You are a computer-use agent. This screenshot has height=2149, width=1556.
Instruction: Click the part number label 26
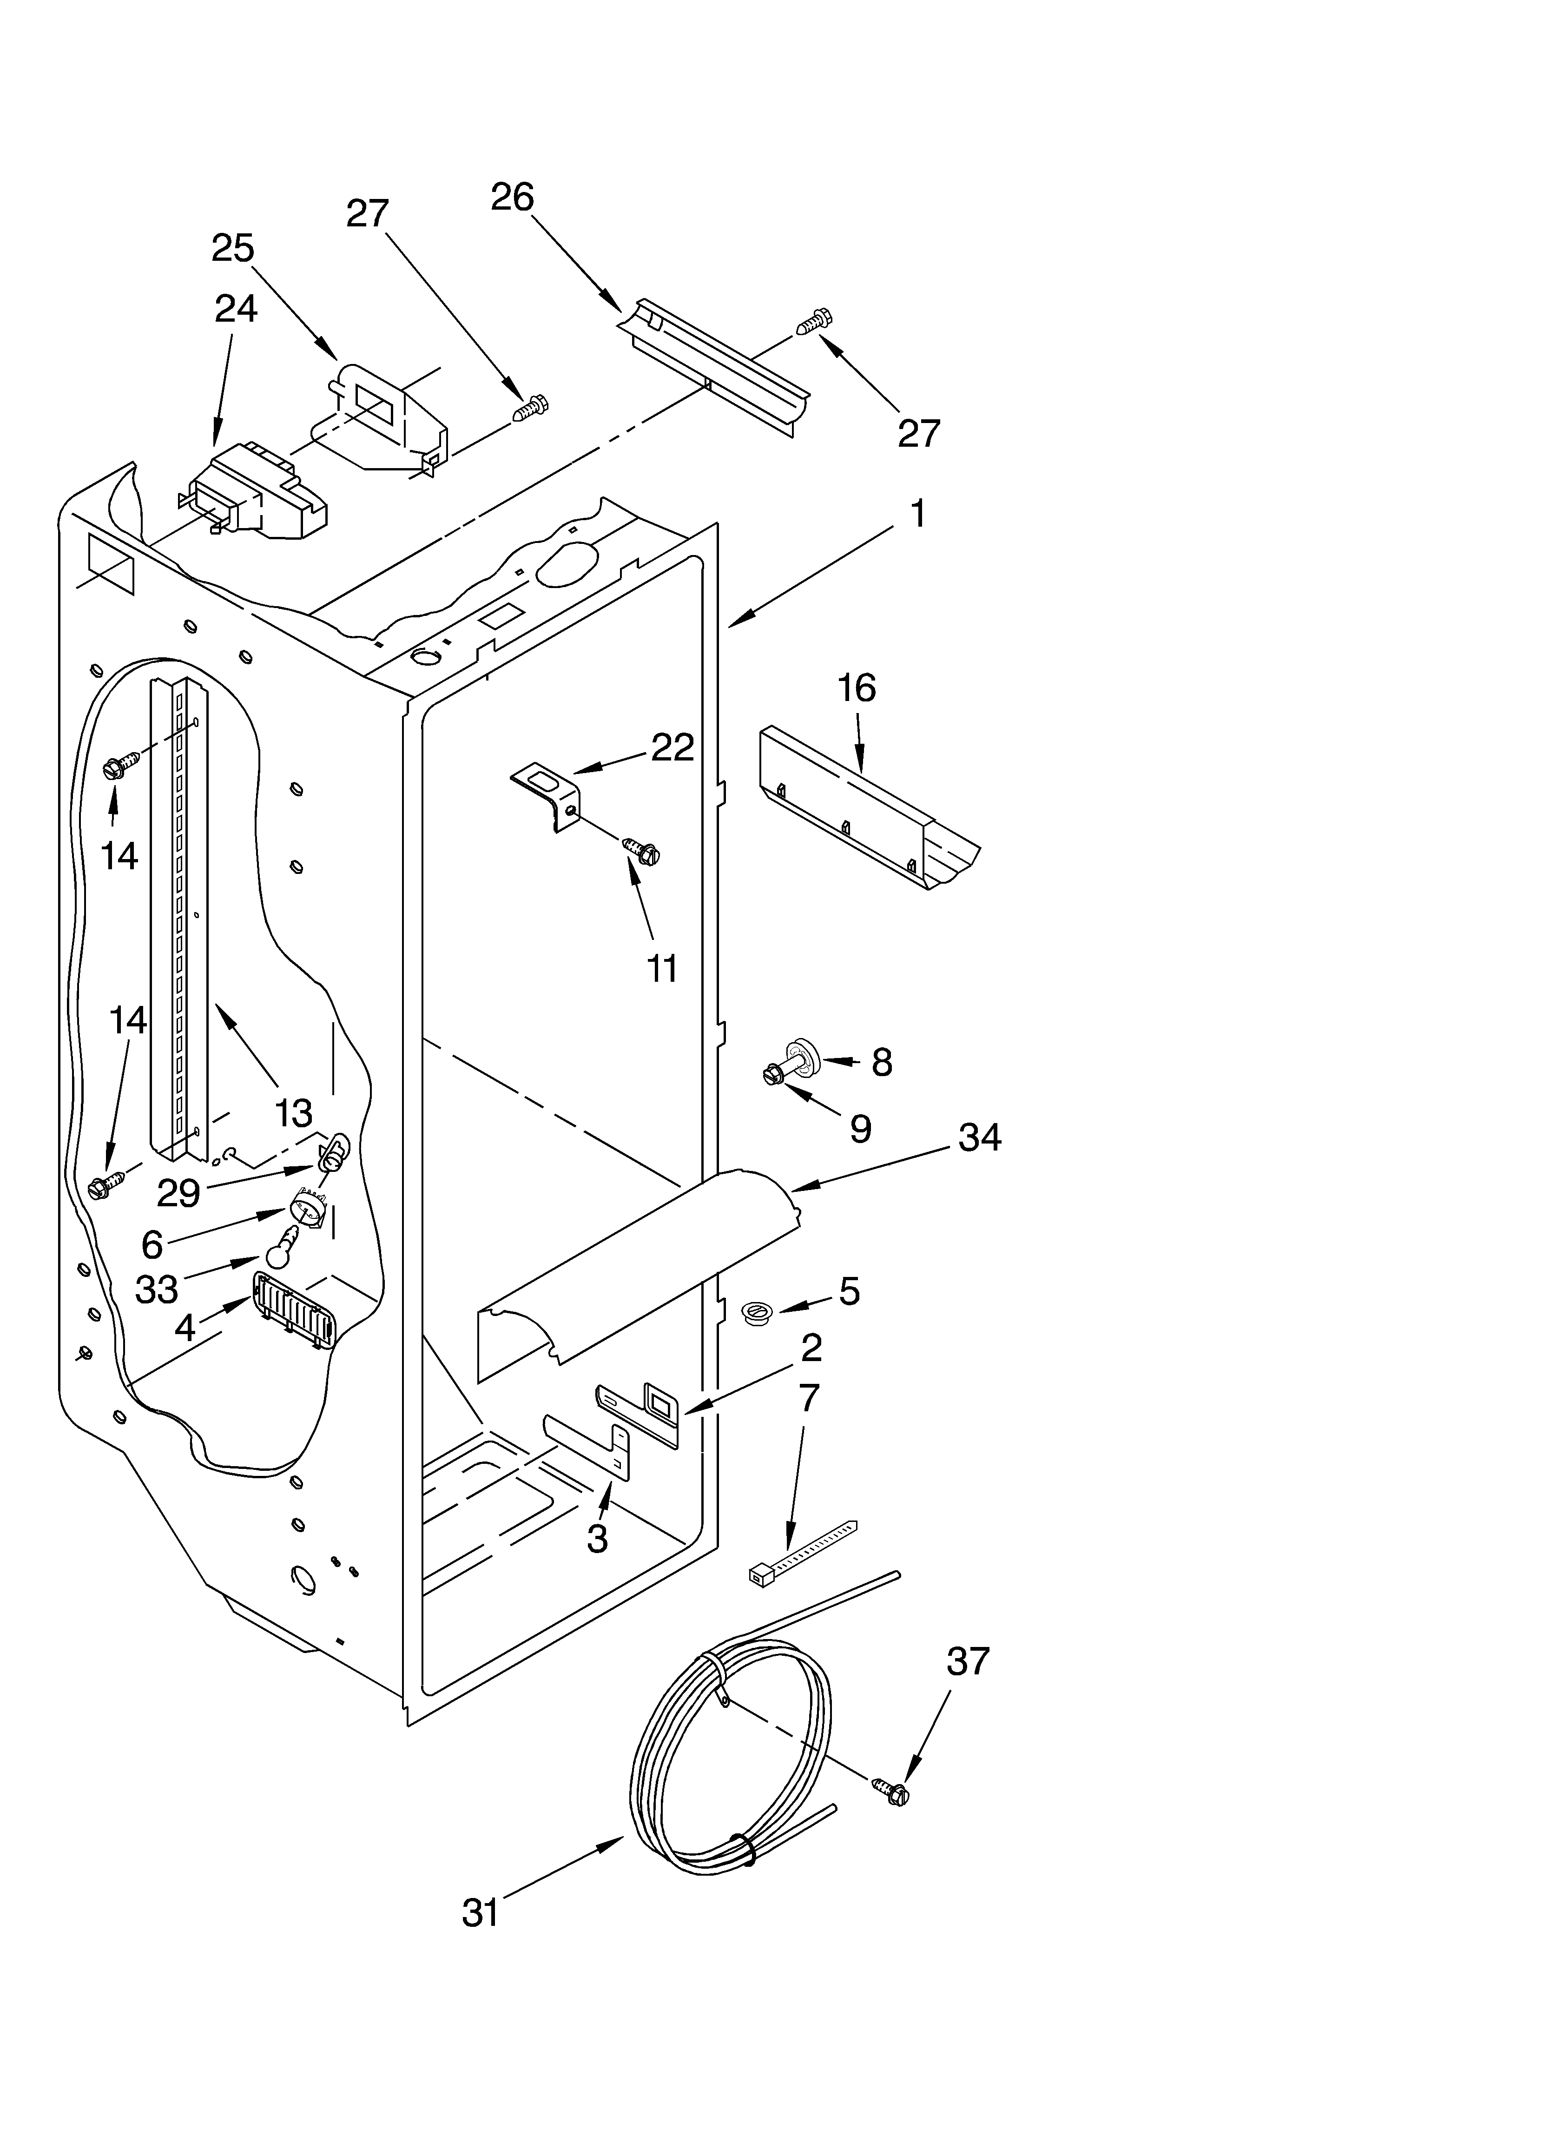[x=513, y=197]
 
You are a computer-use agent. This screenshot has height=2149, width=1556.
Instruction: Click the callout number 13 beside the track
[x=293, y=1113]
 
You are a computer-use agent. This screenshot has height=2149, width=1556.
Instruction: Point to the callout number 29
[x=178, y=1194]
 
